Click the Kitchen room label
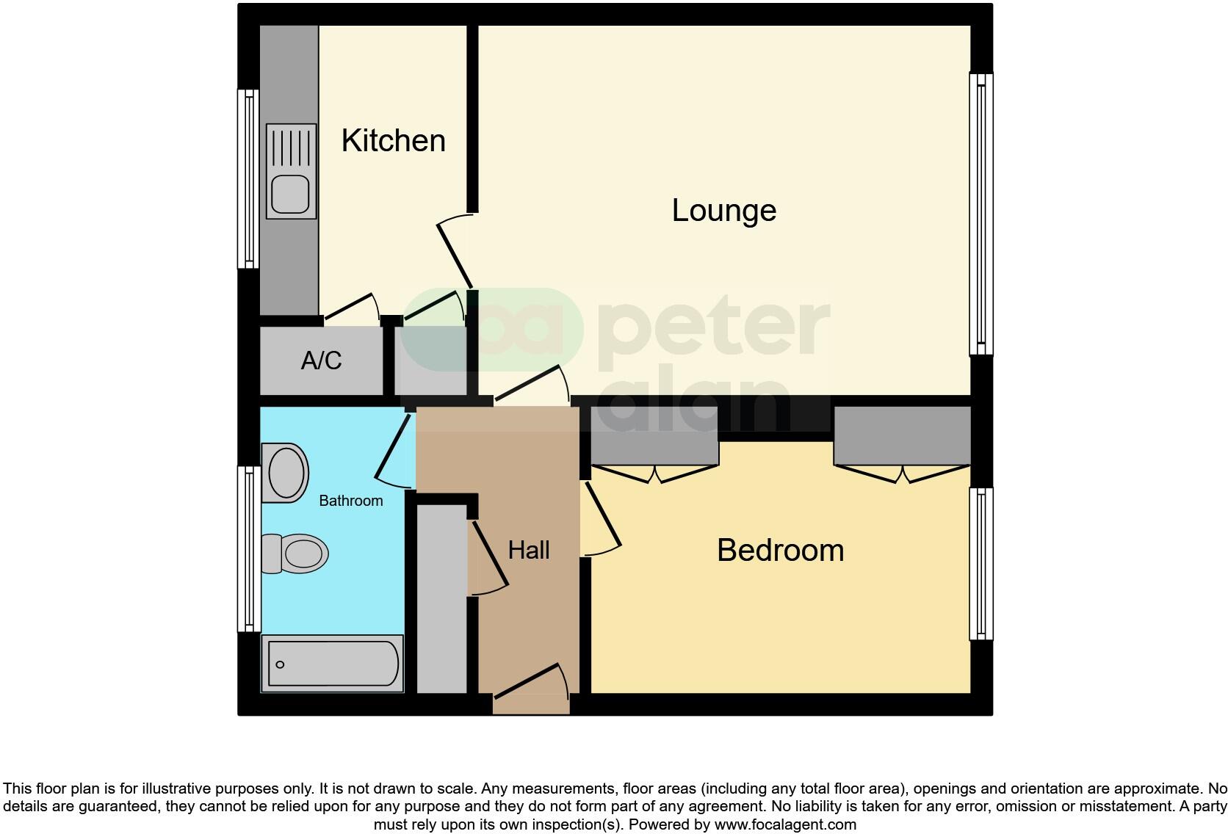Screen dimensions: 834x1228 (393, 140)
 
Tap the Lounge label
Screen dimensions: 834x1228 (723, 211)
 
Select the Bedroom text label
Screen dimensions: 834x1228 (780, 551)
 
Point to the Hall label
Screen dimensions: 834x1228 (529, 550)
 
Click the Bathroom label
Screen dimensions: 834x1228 (350, 501)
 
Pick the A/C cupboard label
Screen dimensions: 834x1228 (322, 360)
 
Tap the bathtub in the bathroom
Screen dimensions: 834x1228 (333, 664)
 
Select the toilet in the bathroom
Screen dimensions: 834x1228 (296, 554)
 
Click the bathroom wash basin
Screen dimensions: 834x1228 (286, 472)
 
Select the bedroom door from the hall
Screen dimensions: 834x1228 (602, 518)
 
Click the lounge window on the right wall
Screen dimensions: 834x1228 (980, 214)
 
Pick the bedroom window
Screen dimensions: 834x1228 (980, 564)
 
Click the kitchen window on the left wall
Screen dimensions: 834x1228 (248, 179)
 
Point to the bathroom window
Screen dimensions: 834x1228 (248, 549)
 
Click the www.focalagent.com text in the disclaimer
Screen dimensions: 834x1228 (785, 824)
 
